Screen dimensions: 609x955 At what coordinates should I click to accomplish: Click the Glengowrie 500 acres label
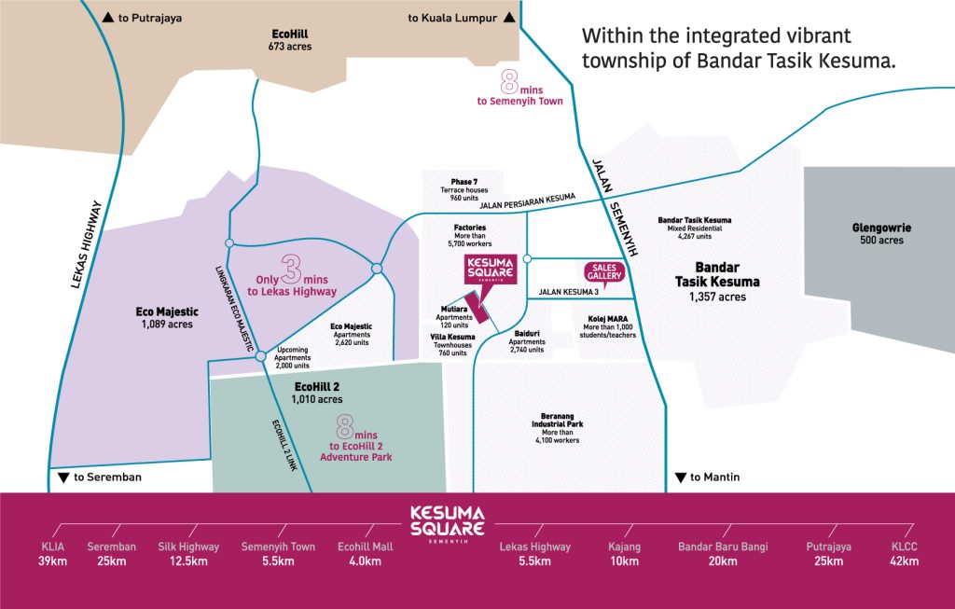point(877,233)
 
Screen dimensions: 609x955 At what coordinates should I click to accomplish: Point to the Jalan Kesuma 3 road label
point(567,292)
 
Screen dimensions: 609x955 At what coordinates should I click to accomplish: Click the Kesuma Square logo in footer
point(449,523)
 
